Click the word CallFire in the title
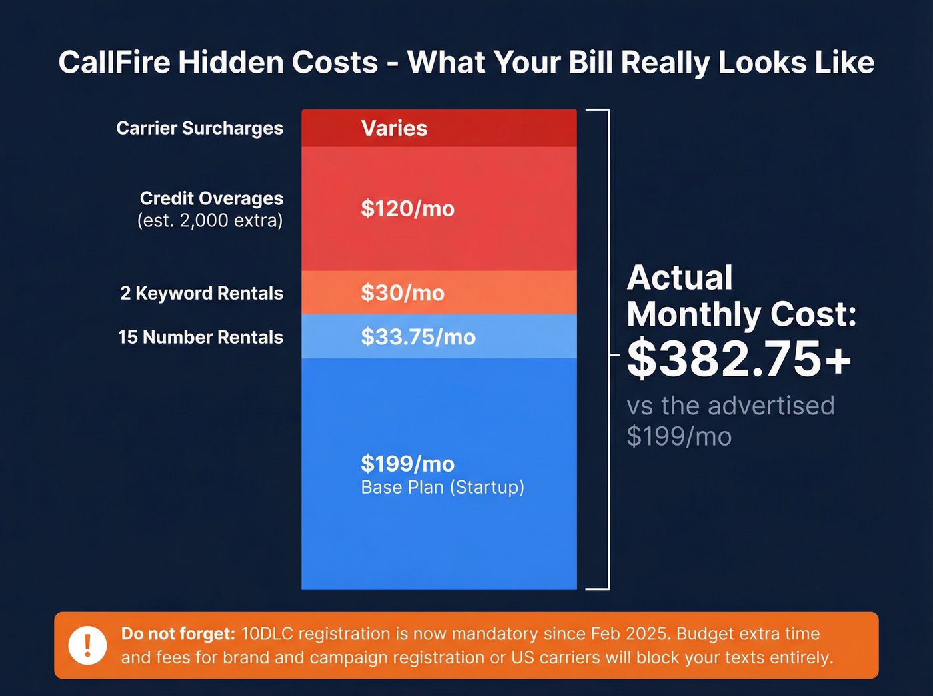tap(115, 63)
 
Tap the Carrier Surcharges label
tap(199, 128)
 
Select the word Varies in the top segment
tap(394, 128)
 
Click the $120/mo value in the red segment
tap(407, 209)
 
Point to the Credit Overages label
tap(211, 198)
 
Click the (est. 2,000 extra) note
tap(210, 220)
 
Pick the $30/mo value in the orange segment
tap(403, 293)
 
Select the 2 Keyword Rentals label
tap(201, 293)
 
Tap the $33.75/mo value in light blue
tap(418, 337)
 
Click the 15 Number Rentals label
tap(200, 337)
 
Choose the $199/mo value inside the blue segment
tap(407, 464)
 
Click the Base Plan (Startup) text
tap(443, 488)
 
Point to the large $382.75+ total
tap(739, 359)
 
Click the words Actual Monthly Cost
tap(740, 296)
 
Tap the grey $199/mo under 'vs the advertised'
tap(679, 437)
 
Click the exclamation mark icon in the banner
tap(87, 645)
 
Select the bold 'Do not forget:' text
tap(178, 633)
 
